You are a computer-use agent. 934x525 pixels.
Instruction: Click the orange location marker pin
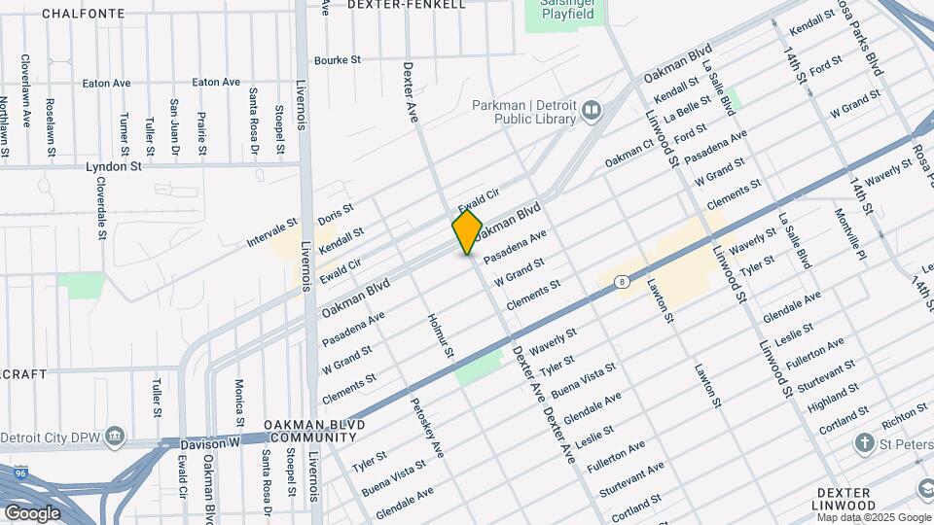(467, 231)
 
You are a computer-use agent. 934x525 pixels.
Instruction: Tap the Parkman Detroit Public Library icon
(591, 113)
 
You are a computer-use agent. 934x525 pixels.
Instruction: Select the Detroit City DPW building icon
(116, 433)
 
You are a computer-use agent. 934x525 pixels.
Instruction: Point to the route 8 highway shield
(621, 282)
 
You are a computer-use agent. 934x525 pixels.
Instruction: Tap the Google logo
(31, 512)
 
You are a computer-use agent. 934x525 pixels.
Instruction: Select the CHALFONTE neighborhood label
(84, 14)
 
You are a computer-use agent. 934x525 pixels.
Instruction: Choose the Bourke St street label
(338, 60)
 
